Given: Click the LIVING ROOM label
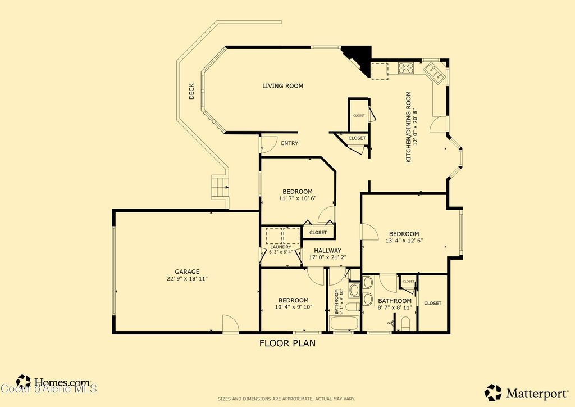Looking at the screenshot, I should pos(282,86).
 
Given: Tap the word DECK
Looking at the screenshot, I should pos(191,92).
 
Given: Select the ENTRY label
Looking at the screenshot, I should pos(290,143).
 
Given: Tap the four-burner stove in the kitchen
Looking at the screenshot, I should pos(406,69).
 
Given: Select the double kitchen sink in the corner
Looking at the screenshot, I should pos(435,71).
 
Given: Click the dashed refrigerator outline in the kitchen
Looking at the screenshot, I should pos(380,70).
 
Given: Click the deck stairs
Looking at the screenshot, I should pos(220,187).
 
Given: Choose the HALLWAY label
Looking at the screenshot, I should pos(327,251).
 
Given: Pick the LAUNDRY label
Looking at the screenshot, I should pos(280,247).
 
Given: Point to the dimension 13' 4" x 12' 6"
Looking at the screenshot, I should pos(404,241).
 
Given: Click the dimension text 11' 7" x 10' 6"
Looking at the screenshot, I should pos(298,198).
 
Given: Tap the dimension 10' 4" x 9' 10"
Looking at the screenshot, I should pos(293,307).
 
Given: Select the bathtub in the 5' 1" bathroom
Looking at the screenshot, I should pos(344,324).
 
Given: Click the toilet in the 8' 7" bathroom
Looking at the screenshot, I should pos(405,323).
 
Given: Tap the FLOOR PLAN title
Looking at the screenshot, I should pos(287,343).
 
